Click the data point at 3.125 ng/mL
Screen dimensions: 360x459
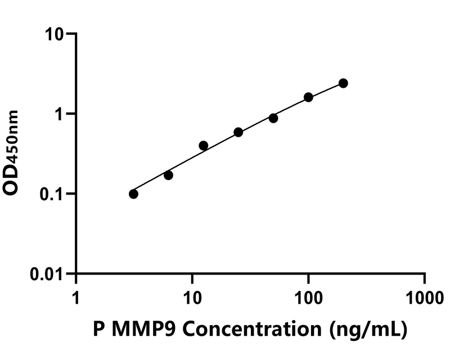pos(133,194)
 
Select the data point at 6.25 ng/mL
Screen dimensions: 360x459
pos(168,175)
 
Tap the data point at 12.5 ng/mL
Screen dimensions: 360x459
pos(204,146)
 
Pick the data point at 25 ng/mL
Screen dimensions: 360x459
pos(238,132)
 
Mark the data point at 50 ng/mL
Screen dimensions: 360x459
pos(273,118)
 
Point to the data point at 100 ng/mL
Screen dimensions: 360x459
pos(308,97)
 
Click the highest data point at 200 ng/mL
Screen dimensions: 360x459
pos(343,83)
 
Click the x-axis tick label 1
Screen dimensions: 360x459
pos(76,297)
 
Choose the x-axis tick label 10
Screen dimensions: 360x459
pos(192,297)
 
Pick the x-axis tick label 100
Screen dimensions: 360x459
pos(308,297)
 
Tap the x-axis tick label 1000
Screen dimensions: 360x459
pos(425,297)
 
